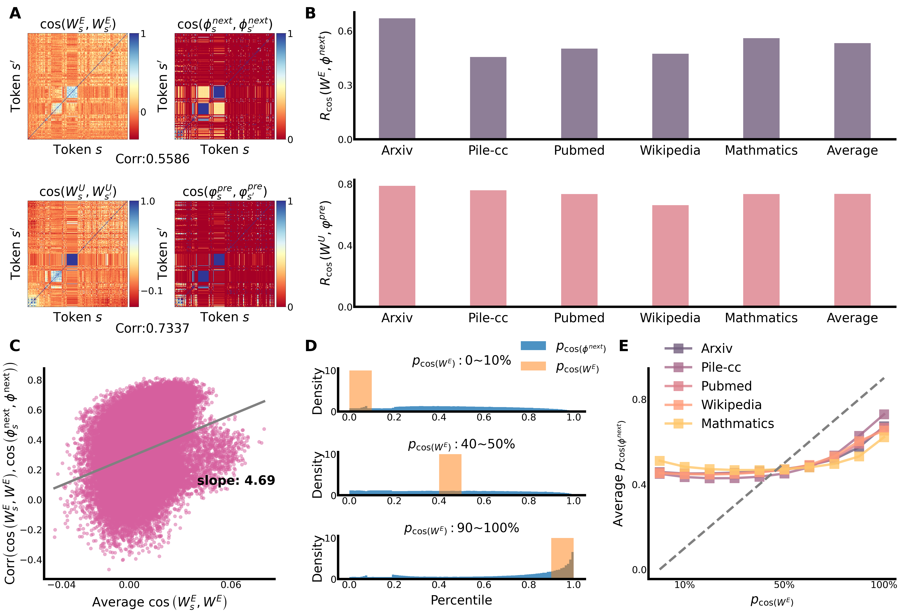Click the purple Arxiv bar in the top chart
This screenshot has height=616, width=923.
397,79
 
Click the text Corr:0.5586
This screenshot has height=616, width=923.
152,159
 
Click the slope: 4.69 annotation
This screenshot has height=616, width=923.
236,480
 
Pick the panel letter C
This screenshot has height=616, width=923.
15,346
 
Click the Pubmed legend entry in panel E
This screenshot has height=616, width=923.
726,386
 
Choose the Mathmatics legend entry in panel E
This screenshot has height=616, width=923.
737,423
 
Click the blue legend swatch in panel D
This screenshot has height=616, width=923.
533,346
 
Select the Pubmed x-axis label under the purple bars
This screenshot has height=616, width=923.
579,150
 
